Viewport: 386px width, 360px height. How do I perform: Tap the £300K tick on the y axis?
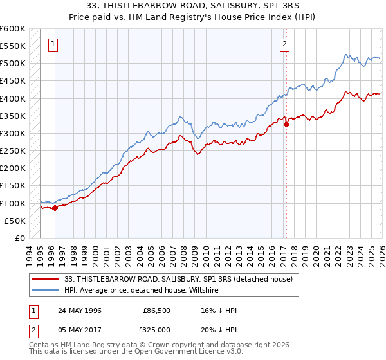pos(12,133)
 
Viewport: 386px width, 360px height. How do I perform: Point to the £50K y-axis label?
pos(14,221)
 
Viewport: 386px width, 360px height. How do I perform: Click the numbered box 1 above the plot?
pos(52,44)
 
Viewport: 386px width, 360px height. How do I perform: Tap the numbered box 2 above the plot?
pos(284,44)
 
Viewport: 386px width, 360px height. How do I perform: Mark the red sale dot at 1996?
pos(55,208)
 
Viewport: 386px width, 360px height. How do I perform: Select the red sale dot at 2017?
pos(286,125)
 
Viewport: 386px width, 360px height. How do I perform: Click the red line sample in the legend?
pos(46,279)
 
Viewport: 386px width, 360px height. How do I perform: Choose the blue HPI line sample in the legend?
pos(46,290)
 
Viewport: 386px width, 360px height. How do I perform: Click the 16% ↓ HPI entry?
pos(219,310)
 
